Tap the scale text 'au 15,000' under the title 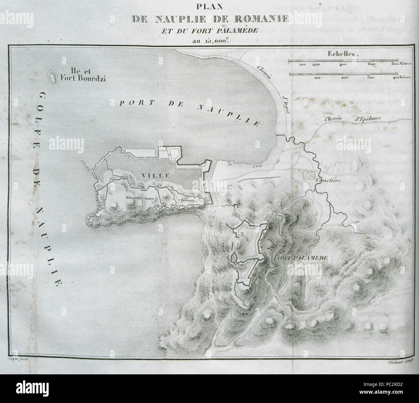(x=209, y=40)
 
